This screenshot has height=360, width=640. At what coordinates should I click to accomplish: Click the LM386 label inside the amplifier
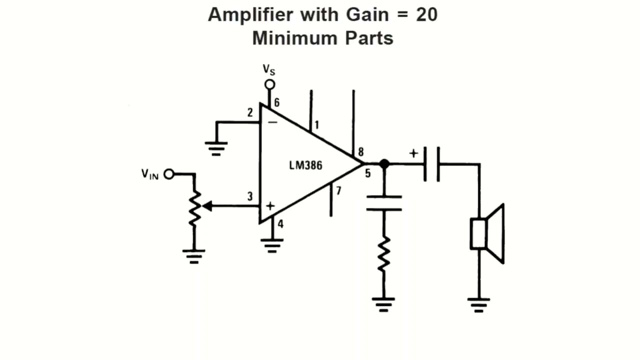[x=305, y=165]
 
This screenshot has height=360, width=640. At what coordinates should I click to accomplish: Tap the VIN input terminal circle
[x=169, y=174]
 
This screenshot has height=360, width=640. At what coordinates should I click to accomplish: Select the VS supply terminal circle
[x=269, y=84]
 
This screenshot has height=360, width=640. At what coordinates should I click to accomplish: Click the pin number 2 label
[x=250, y=112]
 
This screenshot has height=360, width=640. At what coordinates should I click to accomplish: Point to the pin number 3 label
[x=250, y=196]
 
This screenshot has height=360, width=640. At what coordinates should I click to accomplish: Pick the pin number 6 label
[x=276, y=103]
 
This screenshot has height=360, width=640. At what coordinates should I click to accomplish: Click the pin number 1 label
[x=316, y=125]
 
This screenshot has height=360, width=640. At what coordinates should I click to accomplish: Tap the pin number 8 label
[x=360, y=152]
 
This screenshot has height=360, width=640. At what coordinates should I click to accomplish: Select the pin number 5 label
[x=367, y=174]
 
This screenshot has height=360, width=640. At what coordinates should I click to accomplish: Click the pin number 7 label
[x=338, y=190]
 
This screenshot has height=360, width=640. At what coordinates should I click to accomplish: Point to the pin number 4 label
[x=280, y=224]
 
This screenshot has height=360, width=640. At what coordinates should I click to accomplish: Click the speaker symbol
[x=487, y=233]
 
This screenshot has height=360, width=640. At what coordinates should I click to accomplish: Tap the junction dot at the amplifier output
[x=384, y=163]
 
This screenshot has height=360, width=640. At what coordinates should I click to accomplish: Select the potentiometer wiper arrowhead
[x=206, y=205]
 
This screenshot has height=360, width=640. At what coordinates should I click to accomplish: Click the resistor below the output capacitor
[x=384, y=254]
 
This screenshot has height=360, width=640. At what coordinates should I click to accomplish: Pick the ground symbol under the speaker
[x=478, y=304]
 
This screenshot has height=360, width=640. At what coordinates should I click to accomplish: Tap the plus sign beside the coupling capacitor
[x=413, y=153]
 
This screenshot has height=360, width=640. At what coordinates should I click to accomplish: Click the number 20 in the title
[x=426, y=15]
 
